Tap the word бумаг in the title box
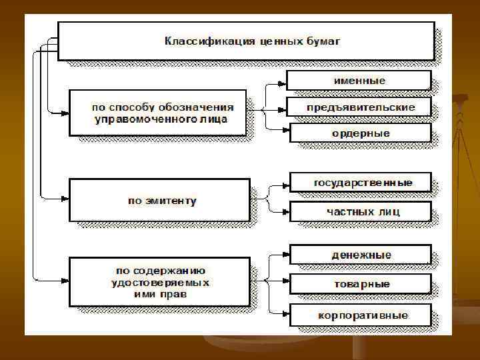(325, 41)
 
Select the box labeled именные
(359, 80)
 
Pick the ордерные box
(360, 133)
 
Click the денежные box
(361, 255)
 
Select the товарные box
(361, 284)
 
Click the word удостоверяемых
(161, 283)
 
